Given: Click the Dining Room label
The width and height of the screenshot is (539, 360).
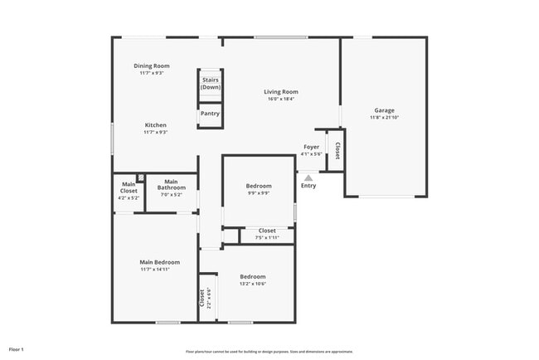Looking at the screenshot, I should point(152,66).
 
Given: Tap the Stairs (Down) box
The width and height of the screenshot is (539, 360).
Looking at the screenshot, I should point(211,84).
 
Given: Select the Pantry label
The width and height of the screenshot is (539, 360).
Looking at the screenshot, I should point(211,114).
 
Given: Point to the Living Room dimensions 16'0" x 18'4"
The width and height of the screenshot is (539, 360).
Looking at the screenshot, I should point(281,99).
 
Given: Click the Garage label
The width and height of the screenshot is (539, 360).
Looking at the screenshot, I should point(384,110).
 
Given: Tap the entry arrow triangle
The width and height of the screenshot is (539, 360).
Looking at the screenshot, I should point(308,177).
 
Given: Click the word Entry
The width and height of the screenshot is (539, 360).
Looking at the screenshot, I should point(308,186).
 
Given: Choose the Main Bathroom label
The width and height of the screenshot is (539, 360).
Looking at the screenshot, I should point(172,184).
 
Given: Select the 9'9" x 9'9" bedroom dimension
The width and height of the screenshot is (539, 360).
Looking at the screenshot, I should point(258,193).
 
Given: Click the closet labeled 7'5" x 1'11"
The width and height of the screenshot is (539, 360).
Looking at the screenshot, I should point(267,234).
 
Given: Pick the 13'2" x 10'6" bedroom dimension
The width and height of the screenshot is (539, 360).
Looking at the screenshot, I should point(253,284).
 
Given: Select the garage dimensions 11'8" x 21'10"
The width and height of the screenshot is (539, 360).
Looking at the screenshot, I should point(384,118).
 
